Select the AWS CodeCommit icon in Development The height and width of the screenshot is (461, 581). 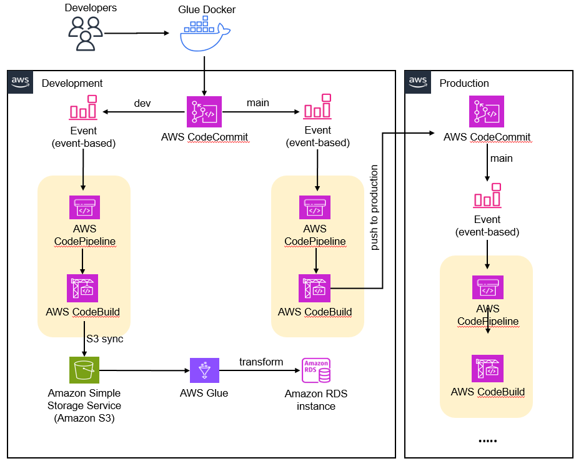click(x=204, y=112)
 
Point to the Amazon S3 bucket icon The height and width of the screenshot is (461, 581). click(x=84, y=370)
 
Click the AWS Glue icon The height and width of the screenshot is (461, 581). click(x=204, y=370)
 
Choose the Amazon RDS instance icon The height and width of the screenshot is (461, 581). click(x=315, y=370)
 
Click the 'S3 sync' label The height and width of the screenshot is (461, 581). click(x=104, y=339)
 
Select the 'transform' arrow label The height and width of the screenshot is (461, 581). click(x=261, y=362)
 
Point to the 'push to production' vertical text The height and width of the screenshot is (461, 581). click(x=374, y=207)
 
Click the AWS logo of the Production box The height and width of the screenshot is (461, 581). click(x=417, y=82)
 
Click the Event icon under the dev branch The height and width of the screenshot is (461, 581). click(x=84, y=107)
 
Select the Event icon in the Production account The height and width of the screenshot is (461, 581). click(x=487, y=196)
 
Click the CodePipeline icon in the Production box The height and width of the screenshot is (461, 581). click(x=487, y=288)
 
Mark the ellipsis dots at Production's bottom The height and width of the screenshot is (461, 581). click(x=487, y=441)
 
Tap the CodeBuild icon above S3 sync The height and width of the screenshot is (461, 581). click(x=83, y=288)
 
